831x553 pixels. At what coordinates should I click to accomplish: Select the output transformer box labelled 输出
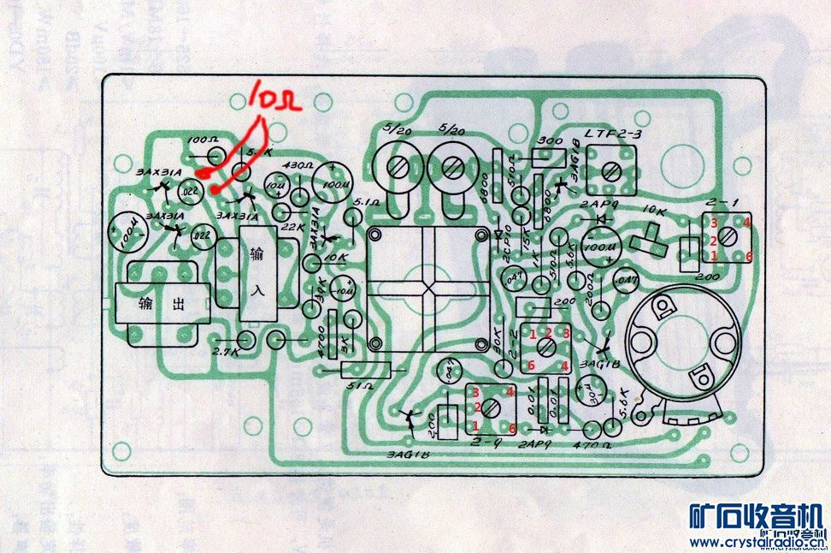[x=162, y=305]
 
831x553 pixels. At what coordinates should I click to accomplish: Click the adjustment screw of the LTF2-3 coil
[x=610, y=171]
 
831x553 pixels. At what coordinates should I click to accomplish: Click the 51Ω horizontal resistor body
[x=366, y=370]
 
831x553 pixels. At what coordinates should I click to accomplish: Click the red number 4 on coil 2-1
[x=746, y=223]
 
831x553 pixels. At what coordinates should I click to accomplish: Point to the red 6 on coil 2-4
[x=512, y=427]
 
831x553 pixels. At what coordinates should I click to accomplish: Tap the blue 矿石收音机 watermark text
[x=757, y=518]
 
